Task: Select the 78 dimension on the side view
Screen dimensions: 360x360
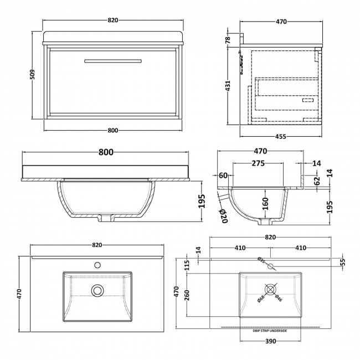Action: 228,39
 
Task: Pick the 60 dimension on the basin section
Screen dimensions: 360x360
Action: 224,176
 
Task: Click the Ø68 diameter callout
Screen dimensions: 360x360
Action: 260,299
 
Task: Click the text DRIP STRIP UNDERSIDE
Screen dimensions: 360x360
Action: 270,331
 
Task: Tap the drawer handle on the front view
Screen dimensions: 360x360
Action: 113,60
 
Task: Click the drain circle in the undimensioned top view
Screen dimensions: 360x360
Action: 98,289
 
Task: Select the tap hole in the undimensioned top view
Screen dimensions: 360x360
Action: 98,265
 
